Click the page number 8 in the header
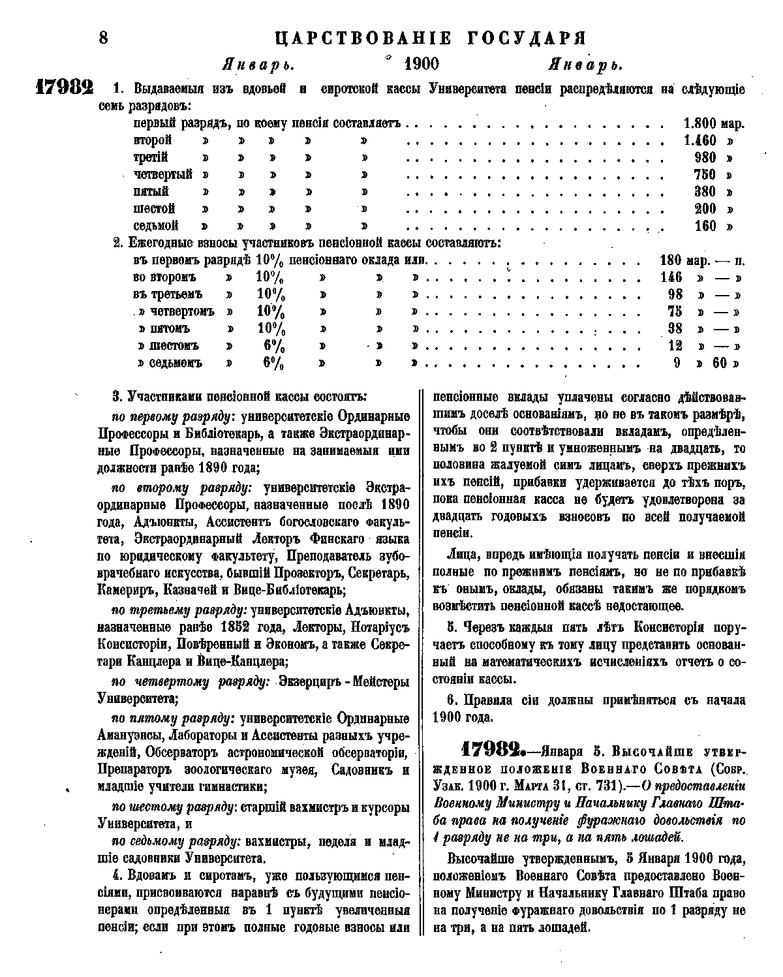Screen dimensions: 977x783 [x=103, y=37]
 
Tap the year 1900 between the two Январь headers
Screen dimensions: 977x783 [x=422, y=64]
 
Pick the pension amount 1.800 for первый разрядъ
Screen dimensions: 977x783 [x=701, y=123]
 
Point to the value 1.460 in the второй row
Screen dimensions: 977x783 [x=701, y=140]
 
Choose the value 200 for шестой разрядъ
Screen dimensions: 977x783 [x=705, y=209]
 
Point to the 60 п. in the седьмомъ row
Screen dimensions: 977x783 [x=720, y=363]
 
